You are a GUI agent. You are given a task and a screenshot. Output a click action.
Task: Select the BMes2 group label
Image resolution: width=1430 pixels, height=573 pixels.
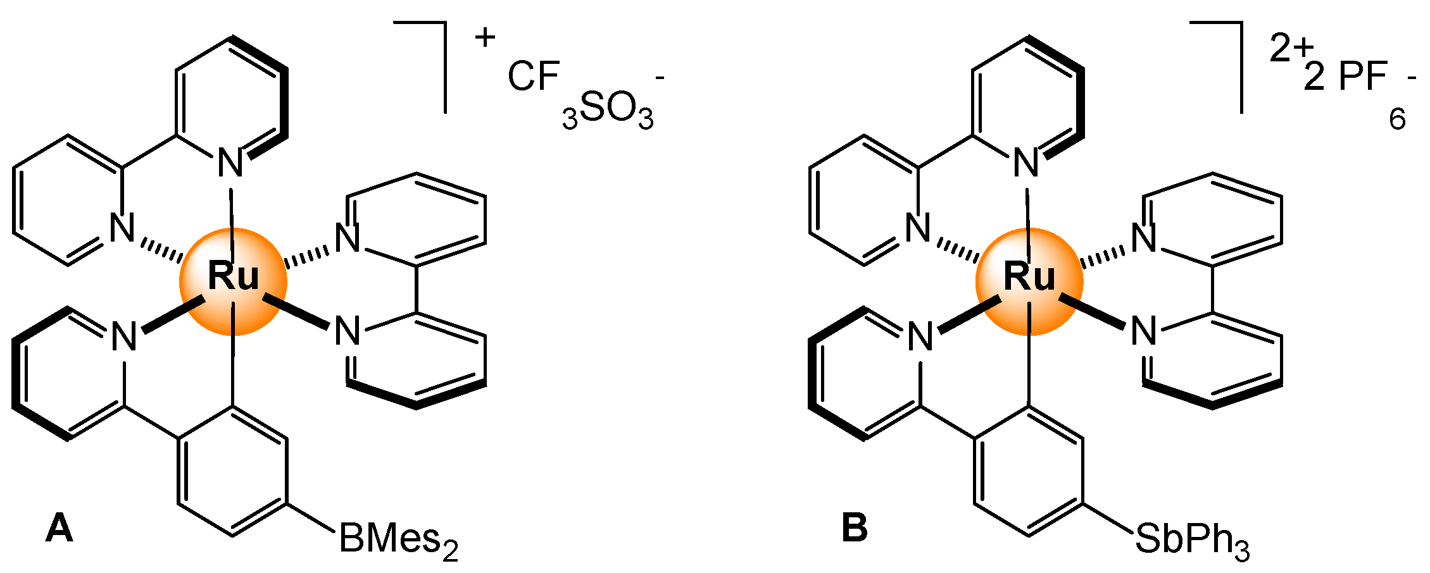click(x=398, y=541)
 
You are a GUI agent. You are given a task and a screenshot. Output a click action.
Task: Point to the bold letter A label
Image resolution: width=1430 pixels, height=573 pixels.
click(x=60, y=528)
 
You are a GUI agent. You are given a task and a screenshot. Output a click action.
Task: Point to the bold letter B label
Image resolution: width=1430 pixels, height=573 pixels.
click(x=855, y=528)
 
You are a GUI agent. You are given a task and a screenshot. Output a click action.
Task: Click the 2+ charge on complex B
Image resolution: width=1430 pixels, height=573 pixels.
click(x=1291, y=47)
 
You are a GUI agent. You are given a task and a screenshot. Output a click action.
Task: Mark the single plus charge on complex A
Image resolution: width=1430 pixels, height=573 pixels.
click(x=485, y=38)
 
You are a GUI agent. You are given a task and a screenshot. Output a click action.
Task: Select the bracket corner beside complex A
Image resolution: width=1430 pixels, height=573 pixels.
click(x=443, y=25)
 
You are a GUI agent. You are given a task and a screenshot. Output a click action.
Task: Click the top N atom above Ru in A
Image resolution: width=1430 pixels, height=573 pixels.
click(x=230, y=164)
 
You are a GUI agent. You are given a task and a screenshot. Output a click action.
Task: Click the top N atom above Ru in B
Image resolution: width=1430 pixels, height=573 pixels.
click(x=1026, y=164)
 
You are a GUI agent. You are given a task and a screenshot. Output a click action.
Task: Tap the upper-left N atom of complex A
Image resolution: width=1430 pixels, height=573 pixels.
click(x=123, y=228)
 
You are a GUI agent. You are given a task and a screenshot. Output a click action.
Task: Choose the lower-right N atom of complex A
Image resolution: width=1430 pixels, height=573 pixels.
click(x=348, y=331)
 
